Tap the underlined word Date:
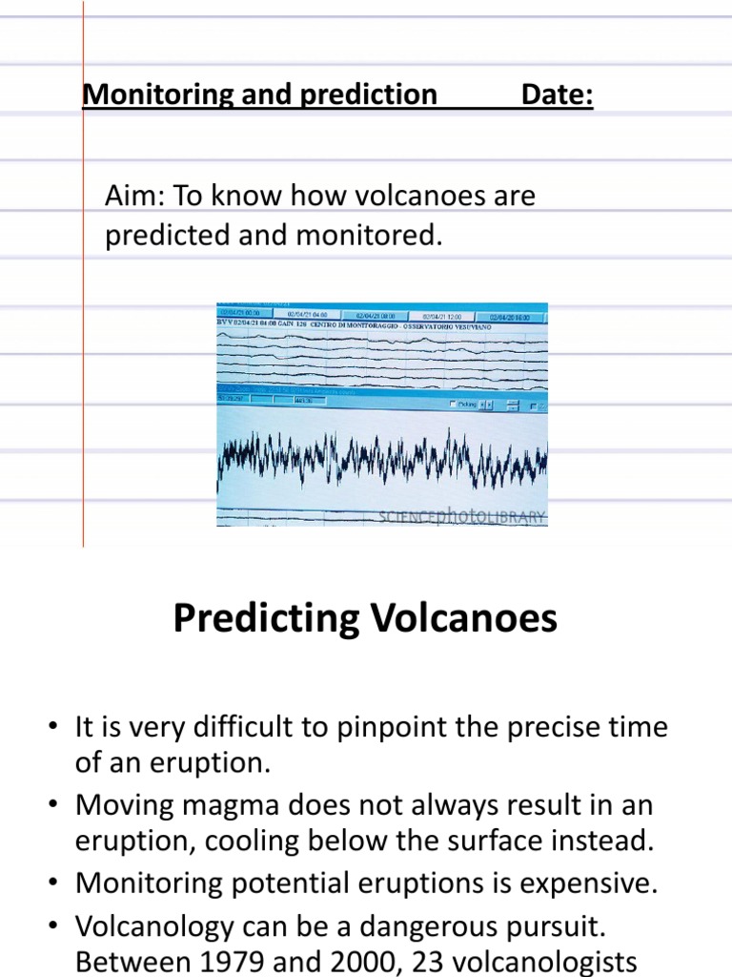[x=558, y=95]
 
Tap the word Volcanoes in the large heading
[x=460, y=620]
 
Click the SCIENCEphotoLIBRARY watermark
[x=461, y=516]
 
